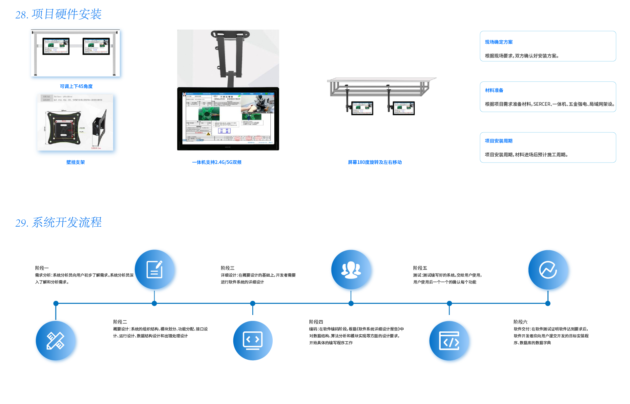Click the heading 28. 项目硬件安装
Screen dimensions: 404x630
click(58, 14)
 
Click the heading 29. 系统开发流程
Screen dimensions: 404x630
click(58, 222)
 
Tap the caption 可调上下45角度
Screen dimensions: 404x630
click(76, 86)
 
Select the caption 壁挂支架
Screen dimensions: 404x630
click(75, 162)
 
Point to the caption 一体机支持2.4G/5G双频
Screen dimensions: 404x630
click(217, 162)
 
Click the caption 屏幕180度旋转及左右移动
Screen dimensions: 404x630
click(375, 162)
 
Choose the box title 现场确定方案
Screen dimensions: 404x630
click(498, 42)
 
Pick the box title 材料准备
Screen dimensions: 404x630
click(494, 90)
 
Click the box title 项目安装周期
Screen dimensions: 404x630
click(498, 141)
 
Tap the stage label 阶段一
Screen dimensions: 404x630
click(42, 268)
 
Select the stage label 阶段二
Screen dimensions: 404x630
click(120, 322)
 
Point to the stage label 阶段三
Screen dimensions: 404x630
click(227, 268)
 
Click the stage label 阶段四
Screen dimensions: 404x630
click(316, 322)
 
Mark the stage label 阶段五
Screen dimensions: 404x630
click(420, 268)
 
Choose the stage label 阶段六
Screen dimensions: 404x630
click(520, 322)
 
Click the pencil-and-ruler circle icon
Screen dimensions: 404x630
click(56, 341)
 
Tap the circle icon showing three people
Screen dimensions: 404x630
click(351, 270)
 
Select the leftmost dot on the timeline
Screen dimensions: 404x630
click(56, 303)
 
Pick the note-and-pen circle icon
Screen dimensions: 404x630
click(155, 270)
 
